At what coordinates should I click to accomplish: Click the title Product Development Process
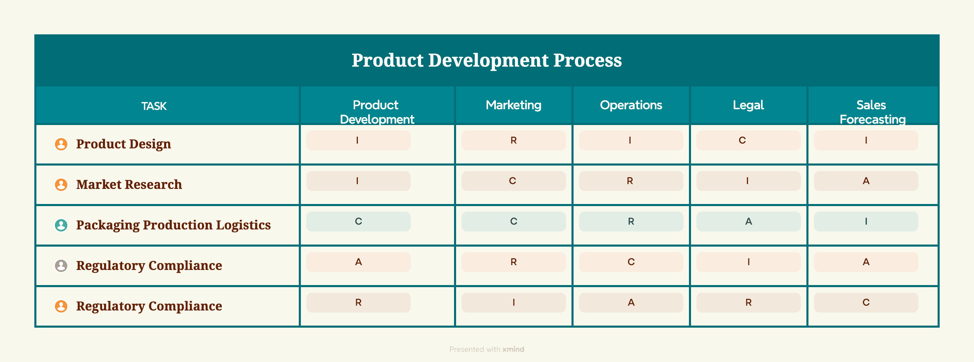point(487,60)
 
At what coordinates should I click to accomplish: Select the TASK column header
point(154,106)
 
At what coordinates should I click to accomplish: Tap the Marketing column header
point(513,105)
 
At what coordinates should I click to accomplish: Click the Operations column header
point(631,105)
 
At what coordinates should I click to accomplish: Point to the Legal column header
point(748,105)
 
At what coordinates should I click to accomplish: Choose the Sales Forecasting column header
point(872,112)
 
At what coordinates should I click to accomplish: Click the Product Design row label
point(124,144)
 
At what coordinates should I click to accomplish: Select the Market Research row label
point(129,184)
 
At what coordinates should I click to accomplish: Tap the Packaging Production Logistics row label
point(173,225)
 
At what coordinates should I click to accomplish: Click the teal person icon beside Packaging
point(61,225)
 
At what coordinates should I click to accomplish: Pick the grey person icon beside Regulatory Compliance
point(61,265)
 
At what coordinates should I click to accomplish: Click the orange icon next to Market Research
point(61,184)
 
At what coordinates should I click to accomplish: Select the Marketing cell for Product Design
point(513,140)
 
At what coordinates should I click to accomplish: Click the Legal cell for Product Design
point(748,140)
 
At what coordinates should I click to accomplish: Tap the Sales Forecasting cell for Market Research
point(866,181)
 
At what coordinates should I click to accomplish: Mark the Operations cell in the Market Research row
point(631,181)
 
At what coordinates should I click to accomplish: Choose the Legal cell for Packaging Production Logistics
point(748,221)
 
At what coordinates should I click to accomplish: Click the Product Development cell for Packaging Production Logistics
point(359,221)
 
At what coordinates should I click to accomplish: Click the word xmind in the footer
point(513,349)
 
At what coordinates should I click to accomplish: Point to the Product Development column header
point(377,112)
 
